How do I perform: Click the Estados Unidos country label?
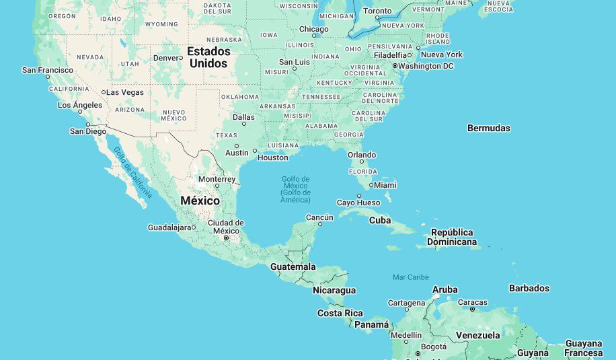208,57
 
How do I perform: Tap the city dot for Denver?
181,58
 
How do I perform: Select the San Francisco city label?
48,70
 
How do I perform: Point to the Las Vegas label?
125,92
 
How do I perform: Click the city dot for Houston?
254,151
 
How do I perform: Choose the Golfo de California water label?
132,173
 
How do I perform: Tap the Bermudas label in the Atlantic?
489,128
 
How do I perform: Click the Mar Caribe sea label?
411,277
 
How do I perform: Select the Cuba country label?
380,220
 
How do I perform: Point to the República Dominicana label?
452,237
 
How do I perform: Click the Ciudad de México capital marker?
227,238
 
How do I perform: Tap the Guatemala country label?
293,266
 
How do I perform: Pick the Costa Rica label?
340,313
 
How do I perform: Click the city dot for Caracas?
473,310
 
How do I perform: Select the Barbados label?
529,288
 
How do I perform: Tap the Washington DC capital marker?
395,66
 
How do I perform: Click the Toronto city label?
377,11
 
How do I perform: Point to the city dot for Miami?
371,185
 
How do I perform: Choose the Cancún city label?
319,217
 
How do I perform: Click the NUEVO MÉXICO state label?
174,114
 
